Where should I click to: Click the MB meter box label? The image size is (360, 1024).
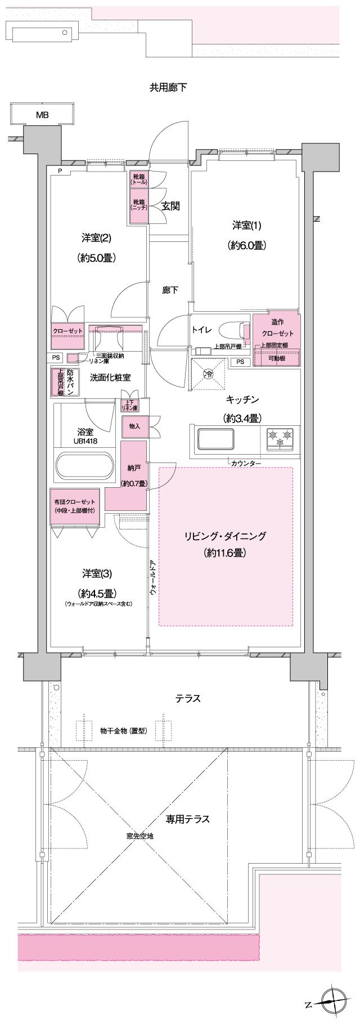click(42, 115)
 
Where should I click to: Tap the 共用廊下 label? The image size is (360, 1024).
click(168, 87)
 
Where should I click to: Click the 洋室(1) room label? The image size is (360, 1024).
click(247, 226)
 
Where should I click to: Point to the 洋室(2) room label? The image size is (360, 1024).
click(96, 238)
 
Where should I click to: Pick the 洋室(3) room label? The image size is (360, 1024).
click(97, 574)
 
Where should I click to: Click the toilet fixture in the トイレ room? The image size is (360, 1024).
click(233, 330)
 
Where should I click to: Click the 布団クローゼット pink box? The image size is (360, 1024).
click(75, 506)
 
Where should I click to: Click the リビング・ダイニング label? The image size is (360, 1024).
click(225, 536)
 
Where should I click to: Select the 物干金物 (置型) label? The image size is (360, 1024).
click(123, 731)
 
